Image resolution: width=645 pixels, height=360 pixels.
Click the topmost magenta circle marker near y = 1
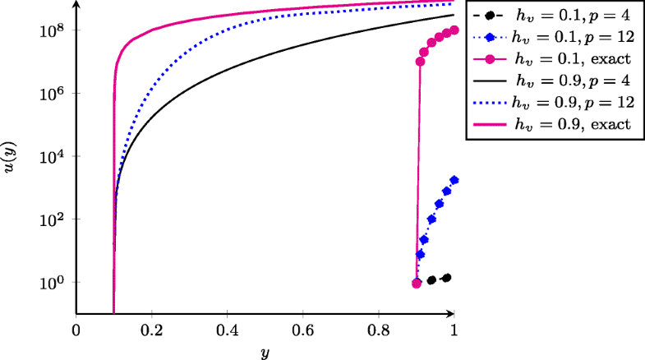pyautogui.click(x=454, y=30)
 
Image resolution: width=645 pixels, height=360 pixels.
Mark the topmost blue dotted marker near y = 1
pyautogui.click(x=454, y=180)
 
